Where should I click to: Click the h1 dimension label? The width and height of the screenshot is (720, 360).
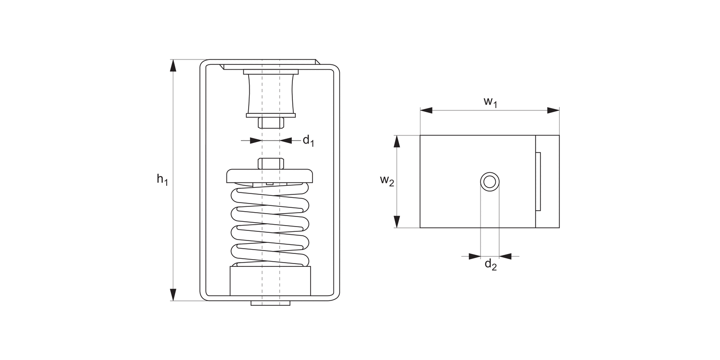point(162,180)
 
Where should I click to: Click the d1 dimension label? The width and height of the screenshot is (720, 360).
point(308,141)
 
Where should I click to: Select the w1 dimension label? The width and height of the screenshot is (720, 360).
point(490,102)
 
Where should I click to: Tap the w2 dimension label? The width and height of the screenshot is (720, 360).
point(387,180)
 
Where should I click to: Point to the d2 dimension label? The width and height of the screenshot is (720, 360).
point(490,264)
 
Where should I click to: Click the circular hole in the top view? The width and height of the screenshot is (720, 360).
point(490,182)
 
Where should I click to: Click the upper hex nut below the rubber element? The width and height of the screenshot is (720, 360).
point(271,122)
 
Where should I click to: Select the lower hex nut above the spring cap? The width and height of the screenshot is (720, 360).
point(271,163)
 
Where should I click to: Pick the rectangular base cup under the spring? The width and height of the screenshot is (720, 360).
point(270,281)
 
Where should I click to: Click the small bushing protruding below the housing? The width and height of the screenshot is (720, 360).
point(270,303)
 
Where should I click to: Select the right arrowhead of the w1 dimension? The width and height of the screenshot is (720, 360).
point(553,110)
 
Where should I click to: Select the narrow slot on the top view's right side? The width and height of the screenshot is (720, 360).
point(538,181)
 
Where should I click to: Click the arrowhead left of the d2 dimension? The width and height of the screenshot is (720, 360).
point(474,256)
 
